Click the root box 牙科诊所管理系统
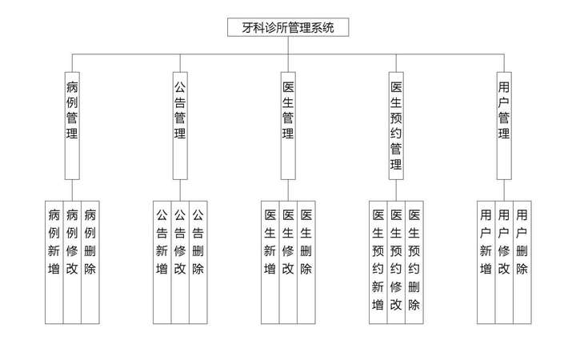coord(288,27)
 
